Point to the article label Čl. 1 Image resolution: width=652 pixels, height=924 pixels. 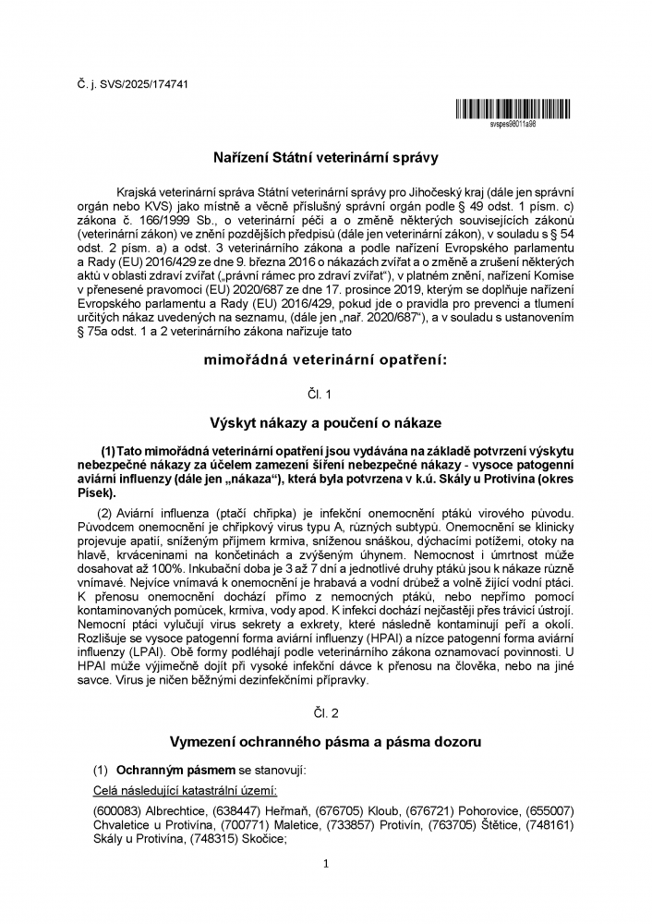(x=326, y=394)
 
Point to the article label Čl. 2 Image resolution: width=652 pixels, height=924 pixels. (x=326, y=714)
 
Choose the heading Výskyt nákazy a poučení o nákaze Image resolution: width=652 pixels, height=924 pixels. (x=326, y=422)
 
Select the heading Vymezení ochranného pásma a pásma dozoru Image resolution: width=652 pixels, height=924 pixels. (x=326, y=742)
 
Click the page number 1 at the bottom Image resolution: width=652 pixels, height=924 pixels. (x=326, y=863)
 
